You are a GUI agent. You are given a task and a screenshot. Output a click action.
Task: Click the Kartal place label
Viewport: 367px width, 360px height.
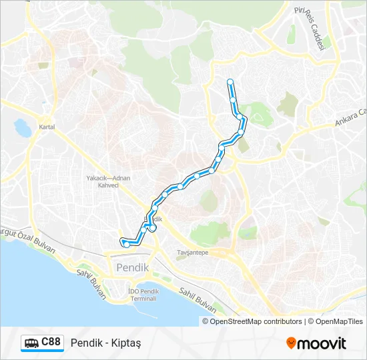pyautogui.click(x=46, y=127)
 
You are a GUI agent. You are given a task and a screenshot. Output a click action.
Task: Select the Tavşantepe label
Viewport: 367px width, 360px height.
pyautogui.click(x=192, y=253)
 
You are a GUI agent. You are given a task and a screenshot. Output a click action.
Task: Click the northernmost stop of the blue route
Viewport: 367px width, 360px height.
pyautogui.click(x=230, y=82)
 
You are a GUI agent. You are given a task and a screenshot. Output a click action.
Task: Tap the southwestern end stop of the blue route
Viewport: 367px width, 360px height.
pyautogui.click(x=126, y=245)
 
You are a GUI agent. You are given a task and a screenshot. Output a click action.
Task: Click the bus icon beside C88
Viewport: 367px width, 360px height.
pyautogui.click(x=31, y=343)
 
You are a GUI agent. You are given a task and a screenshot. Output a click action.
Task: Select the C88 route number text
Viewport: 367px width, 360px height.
pyautogui.click(x=51, y=343)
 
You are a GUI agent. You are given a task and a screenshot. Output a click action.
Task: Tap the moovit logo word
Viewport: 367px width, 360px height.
pyautogui.click(x=322, y=343)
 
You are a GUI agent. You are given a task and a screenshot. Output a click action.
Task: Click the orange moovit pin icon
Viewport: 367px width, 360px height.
pyautogui.click(x=291, y=343)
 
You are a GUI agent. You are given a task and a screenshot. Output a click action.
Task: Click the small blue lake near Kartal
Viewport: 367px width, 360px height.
pyautogui.click(x=22, y=125)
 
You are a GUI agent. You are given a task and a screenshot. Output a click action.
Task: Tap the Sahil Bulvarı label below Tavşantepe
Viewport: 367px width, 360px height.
pyautogui.click(x=198, y=300)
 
